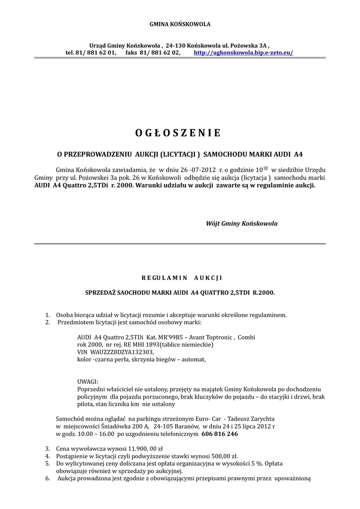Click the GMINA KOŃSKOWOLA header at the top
180,24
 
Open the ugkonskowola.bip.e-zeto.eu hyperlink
243,52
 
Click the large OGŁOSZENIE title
178,133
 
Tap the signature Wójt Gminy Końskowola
242,224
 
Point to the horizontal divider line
180,244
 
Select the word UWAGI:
88,381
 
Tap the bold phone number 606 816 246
219,433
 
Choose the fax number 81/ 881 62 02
161,52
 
